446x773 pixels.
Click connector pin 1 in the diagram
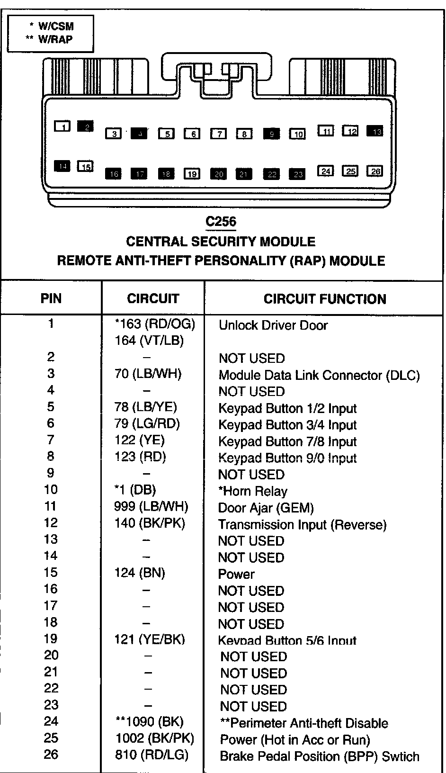click(62, 126)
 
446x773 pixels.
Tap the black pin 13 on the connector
click(376, 131)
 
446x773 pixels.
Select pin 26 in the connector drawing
click(375, 171)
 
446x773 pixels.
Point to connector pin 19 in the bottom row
click(192, 174)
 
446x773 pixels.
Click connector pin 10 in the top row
click(297, 134)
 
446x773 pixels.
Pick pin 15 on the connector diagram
click(85, 166)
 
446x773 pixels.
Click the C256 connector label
click(221, 222)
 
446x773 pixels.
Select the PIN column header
click(51, 298)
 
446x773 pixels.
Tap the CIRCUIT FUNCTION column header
click(325, 299)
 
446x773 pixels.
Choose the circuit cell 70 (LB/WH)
click(148, 374)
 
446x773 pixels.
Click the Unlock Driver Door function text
click(273, 325)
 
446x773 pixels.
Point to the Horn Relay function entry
click(253, 491)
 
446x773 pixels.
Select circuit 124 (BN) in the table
click(140, 573)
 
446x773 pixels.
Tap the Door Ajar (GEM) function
click(266, 508)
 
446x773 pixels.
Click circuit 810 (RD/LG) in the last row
click(152, 755)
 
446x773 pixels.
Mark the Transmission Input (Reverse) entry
click(302, 525)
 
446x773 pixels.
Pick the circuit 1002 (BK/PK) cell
click(155, 738)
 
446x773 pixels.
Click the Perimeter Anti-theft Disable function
click(304, 723)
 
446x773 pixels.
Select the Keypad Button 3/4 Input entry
click(287, 425)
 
